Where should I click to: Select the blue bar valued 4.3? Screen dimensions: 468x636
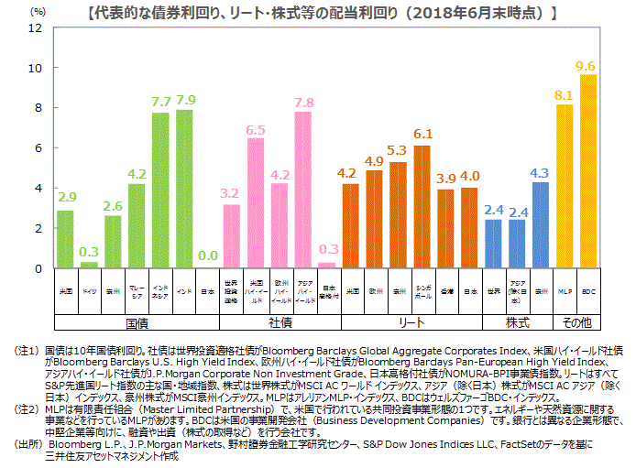tap(541, 225)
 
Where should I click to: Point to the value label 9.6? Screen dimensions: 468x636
tap(587, 66)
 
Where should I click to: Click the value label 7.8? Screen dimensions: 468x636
tap(303, 103)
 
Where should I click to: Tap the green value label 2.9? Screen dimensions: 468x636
tap(66, 197)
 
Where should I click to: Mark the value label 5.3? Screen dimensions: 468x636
tap(398, 149)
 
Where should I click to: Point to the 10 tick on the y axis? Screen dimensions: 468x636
tap(35, 68)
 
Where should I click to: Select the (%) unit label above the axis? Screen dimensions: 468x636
tap(37, 11)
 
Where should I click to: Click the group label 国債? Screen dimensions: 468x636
tap(137, 322)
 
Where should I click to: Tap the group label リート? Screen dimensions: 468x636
tap(410, 322)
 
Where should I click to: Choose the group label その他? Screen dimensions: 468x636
tap(576, 322)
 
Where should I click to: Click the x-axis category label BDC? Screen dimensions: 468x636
tap(588, 290)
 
